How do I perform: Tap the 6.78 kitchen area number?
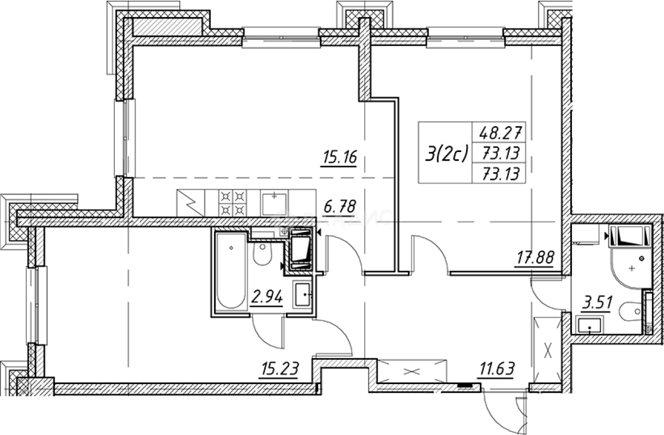point(340,205)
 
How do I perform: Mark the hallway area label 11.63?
point(498,367)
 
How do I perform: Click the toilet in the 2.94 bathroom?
point(262,254)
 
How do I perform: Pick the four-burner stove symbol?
point(234,202)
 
